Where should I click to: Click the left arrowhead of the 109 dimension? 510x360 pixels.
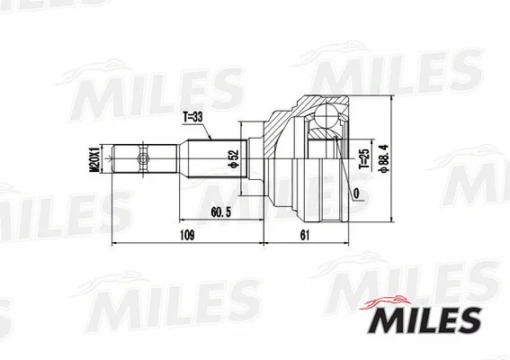pos(113,243)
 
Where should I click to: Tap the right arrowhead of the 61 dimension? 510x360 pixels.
pos(346,243)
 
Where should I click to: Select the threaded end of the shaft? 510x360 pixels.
pos(122,161)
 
